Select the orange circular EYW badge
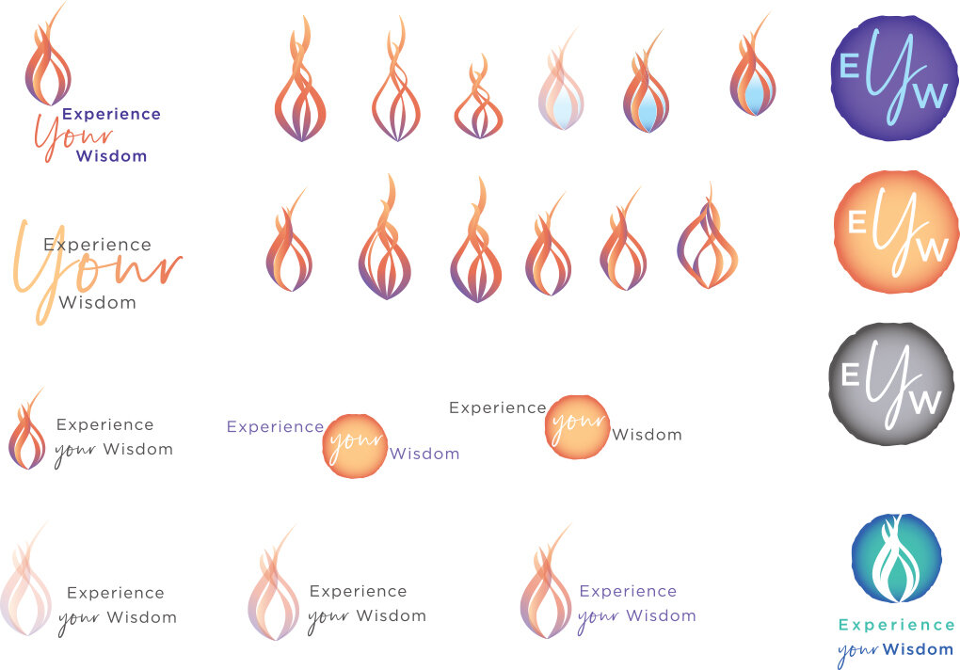coord(895,231)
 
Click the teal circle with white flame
coord(895,558)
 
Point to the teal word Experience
coord(896,625)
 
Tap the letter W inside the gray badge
coord(926,402)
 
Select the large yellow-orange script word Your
coord(94,268)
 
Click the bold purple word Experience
coord(111,114)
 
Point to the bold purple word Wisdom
coord(111,155)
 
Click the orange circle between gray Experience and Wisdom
coord(577,426)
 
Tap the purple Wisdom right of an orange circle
coord(424,454)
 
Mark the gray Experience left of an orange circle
coord(497,407)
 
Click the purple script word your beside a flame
coord(598,618)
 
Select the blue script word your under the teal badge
coord(856,651)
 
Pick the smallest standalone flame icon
coord(478,101)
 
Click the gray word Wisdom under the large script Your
coord(97,302)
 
